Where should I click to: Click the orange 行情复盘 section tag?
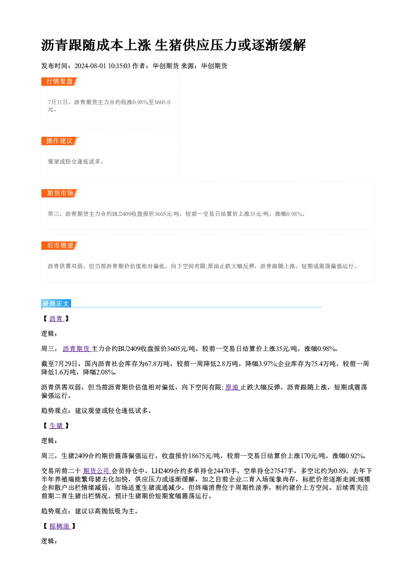pos(60,82)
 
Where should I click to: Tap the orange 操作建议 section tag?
pos(60,141)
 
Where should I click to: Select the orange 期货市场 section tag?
pos(60,193)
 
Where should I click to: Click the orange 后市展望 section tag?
pos(60,246)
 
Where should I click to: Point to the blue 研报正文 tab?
pos(56,303)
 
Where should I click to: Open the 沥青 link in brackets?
pos(56,319)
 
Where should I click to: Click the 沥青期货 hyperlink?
pos(77,349)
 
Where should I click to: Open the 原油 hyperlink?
pos(232,387)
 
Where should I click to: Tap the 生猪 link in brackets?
pos(56,426)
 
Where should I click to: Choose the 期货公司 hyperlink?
pos(97,471)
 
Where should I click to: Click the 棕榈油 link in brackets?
pos(60,526)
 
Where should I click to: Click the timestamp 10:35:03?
pos(119,66)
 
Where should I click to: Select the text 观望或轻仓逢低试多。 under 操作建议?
pos(76,161)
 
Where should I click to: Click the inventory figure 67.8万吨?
pos(157,364)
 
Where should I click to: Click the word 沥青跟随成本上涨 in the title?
pos(96,45)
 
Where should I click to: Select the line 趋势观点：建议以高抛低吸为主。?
pos(90,511)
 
